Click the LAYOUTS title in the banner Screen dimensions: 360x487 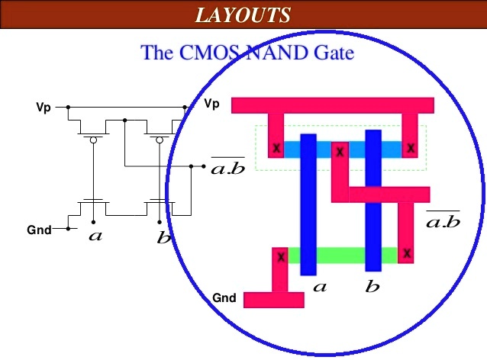[x=243, y=14]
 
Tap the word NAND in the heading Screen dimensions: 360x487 [x=282, y=53]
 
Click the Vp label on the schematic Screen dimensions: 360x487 [x=44, y=108]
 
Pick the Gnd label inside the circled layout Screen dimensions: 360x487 [x=224, y=297]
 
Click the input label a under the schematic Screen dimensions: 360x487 [x=95, y=236]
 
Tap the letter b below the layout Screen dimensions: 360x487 [x=373, y=288]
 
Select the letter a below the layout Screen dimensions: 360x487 [x=321, y=288]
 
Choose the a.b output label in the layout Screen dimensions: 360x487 [x=443, y=220]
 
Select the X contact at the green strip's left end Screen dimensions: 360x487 [x=281, y=257]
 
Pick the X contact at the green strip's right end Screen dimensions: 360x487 [x=408, y=252]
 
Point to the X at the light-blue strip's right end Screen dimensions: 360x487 [x=411, y=148]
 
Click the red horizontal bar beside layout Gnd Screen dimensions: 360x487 [x=273, y=300]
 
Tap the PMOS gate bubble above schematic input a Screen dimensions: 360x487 [x=93, y=140]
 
